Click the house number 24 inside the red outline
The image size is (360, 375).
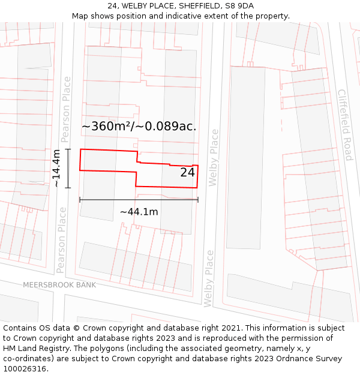187,173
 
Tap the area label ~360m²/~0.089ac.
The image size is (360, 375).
139,127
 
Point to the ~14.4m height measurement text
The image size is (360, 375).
56,169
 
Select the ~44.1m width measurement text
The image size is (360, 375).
139,212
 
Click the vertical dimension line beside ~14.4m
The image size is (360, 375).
68,169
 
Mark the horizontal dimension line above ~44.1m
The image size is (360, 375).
139,200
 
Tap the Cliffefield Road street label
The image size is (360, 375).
344,125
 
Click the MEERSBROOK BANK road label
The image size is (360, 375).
59,284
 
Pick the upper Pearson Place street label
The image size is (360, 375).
66,114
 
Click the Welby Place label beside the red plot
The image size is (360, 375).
214,157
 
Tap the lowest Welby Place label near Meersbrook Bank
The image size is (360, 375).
209,278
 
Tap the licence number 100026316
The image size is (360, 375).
25,369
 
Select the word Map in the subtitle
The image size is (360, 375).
80,16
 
